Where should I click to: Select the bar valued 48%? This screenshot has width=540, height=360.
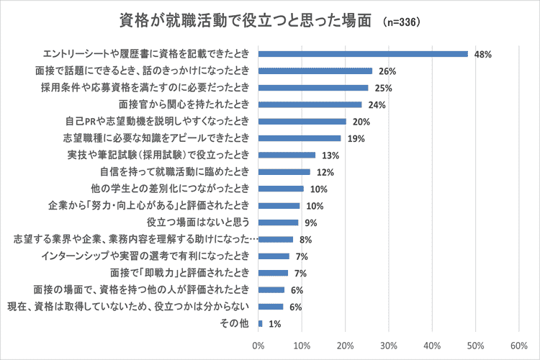point(363,53)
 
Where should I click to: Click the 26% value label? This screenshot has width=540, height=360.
point(387,71)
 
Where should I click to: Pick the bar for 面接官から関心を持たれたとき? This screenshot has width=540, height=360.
point(310,104)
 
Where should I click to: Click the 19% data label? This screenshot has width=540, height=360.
point(356,138)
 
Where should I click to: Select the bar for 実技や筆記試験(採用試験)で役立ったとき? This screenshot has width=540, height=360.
point(287,155)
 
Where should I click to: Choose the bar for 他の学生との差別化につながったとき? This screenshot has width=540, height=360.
point(281,189)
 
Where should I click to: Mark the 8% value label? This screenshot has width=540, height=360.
point(305,239)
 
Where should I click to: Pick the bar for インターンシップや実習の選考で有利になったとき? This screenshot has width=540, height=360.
point(274,256)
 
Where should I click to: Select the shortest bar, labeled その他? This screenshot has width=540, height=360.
point(260,323)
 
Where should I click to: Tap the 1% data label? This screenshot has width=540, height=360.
point(274,323)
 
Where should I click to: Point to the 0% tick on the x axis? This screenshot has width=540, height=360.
point(258,343)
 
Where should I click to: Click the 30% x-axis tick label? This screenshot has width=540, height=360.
point(389,343)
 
